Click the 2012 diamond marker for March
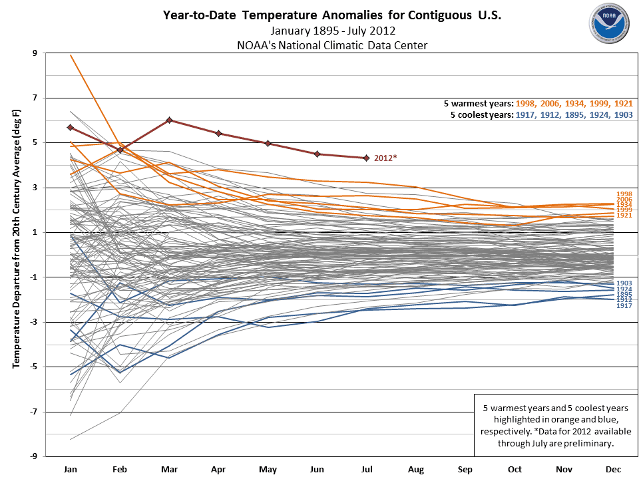pyautogui.click(x=170, y=120)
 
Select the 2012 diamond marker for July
pyautogui.click(x=366, y=158)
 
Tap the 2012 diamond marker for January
pyautogui.click(x=71, y=127)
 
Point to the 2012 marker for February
pyautogui.click(x=120, y=150)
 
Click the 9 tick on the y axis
pyautogui.click(x=35, y=53)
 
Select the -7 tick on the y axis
pyautogui.click(x=33, y=412)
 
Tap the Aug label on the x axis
pyautogui.click(x=415, y=469)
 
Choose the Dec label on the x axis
pyautogui.click(x=612, y=469)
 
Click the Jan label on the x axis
pyautogui.click(x=71, y=469)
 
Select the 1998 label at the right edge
pyautogui.click(x=624, y=194)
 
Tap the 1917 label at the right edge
pyautogui.click(x=624, y=305)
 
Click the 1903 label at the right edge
pyautogui.click(x=624, y=283)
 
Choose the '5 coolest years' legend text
pyautogui.click(x=480, y=114)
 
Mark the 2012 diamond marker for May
pyautogui.click(x=268, y=143)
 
